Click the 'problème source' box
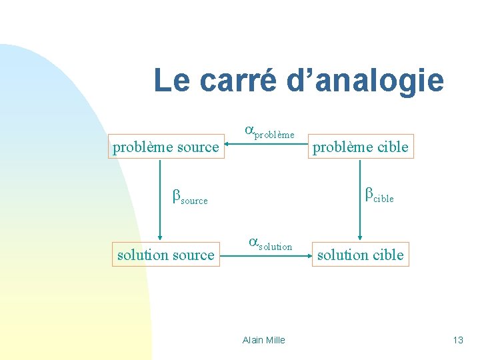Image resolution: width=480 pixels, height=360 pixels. pos(165,147)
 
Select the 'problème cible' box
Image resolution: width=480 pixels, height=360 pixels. pos(360,147)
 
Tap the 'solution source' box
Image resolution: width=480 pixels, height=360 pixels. pos(165,255)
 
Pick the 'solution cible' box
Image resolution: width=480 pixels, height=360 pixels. pos(360,255)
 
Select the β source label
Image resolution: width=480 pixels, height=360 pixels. pos(190,197)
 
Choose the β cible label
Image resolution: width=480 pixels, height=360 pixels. pos(379,195)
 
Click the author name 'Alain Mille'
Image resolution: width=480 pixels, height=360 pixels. pos(264,340)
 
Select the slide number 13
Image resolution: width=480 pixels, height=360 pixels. pos(457,340)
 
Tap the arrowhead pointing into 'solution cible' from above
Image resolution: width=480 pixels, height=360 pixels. pos(360,236)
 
